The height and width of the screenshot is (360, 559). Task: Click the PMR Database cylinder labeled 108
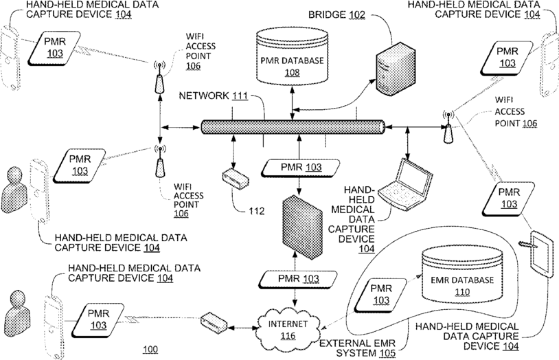pos(292,57)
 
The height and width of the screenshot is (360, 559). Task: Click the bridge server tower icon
pos(396,69)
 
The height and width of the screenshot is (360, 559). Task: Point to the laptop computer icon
pos(406,184)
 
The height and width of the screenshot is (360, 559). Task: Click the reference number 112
pos(257,211)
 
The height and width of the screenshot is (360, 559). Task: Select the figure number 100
pos(150,349)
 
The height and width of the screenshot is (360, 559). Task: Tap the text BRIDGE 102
pos(336,14)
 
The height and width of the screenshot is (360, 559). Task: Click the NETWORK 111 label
pos(213,95)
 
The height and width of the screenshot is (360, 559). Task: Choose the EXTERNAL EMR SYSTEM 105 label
pos(358,348)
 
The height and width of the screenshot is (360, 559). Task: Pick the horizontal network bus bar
pos(293,127)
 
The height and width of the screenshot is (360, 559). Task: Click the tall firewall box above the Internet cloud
pos(302,227)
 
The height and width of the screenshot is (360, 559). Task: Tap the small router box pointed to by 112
pos(236,179)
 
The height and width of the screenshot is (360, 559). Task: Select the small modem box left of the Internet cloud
pos(214,323)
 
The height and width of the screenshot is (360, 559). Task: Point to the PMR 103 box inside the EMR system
pos(380,294)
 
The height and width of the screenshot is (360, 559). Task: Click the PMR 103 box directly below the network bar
pos(301,168)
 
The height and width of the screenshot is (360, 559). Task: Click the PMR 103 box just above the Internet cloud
pos(298,280)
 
